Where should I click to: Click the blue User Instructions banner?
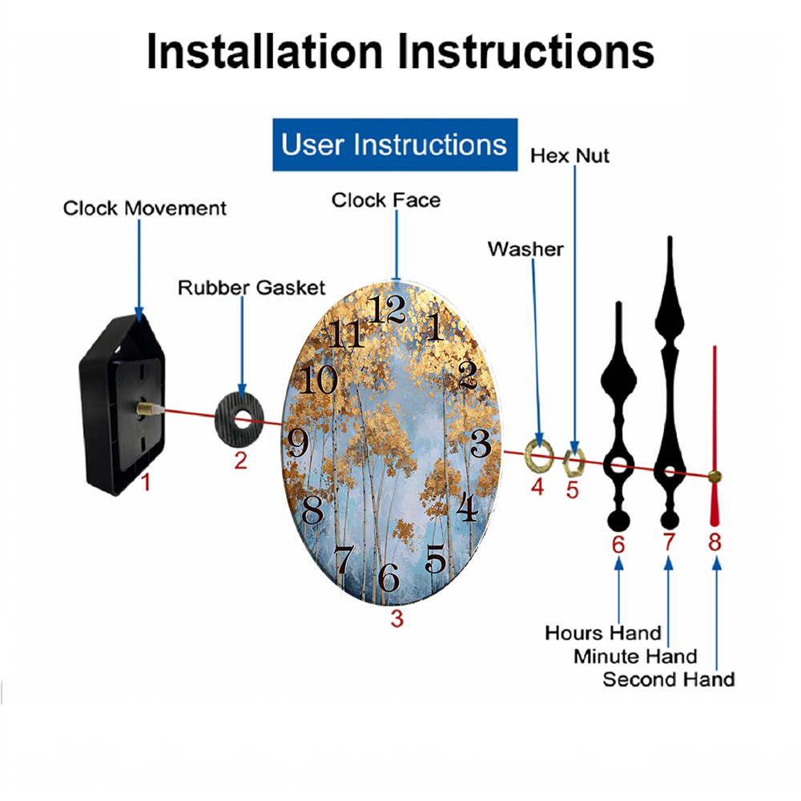click(x=395, y=144)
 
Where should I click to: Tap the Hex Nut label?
click(x=570, y=156)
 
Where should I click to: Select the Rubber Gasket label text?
click(x=252, y=288)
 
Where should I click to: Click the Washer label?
click(x=525, y=249)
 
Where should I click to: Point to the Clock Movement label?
click(x=144, y=208)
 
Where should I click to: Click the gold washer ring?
click(x=539, y=455)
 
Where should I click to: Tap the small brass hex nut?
click(x=574, y=463)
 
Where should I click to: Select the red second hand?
click(x=714, y=437)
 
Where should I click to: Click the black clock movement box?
click(x=122, y=405)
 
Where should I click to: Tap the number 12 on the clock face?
click(x=388, y=309)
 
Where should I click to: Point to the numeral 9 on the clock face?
click(x=298, y=442)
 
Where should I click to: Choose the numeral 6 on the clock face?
click(x=388, y=578)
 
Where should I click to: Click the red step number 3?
click(x=397, y=618)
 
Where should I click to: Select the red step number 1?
click(x=146, y=481)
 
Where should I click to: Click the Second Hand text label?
click(x=669, y=680)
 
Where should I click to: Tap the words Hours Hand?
click(x=603, y=634)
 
